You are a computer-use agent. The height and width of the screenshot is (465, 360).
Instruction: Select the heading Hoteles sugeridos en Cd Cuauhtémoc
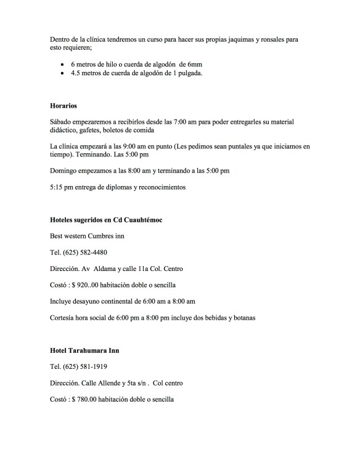coord(106,220)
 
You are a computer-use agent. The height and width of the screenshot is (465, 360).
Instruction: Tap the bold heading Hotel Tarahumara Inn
coord(84,350)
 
